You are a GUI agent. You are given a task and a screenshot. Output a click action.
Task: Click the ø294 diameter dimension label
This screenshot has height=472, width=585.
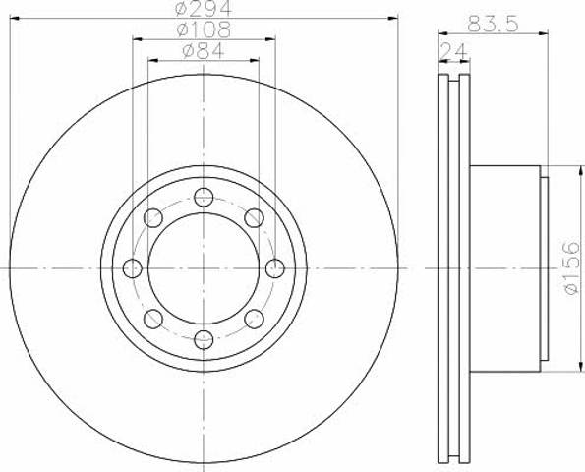(204, 8)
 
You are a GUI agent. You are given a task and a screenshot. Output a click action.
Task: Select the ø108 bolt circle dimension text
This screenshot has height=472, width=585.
(204, 29)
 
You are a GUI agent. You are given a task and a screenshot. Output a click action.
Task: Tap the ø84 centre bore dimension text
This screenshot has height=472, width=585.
(204, 51)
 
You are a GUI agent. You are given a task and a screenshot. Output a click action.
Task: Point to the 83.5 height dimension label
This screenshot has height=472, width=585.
(493, 24)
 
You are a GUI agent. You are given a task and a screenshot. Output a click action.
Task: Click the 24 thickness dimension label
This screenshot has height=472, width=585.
(453, 51)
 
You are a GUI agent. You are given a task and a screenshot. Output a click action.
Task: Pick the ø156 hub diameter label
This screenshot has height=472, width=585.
(572, 267)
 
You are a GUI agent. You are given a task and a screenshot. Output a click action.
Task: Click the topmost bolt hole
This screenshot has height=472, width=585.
(204, 197)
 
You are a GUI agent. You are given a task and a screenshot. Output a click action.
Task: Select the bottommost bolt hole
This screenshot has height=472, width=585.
(204, 339)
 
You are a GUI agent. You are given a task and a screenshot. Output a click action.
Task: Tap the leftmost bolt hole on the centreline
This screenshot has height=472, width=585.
(133, 268)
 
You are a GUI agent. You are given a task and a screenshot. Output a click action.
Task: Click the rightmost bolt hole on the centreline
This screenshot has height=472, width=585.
(275, 268)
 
